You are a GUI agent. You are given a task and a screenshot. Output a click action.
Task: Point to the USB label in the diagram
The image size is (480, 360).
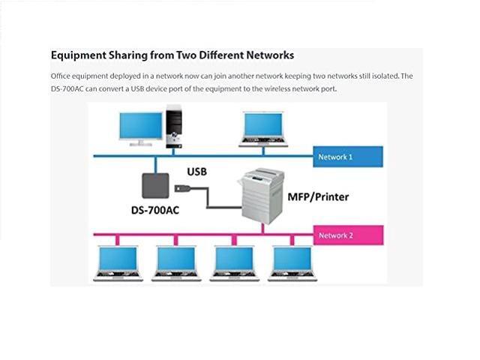click(x=196, y=172)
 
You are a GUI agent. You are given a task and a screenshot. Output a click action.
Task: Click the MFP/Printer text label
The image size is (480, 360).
click(x=318, y=198)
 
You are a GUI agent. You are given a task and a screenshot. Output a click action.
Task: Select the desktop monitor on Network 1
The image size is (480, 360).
click(x=141, y=127)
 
